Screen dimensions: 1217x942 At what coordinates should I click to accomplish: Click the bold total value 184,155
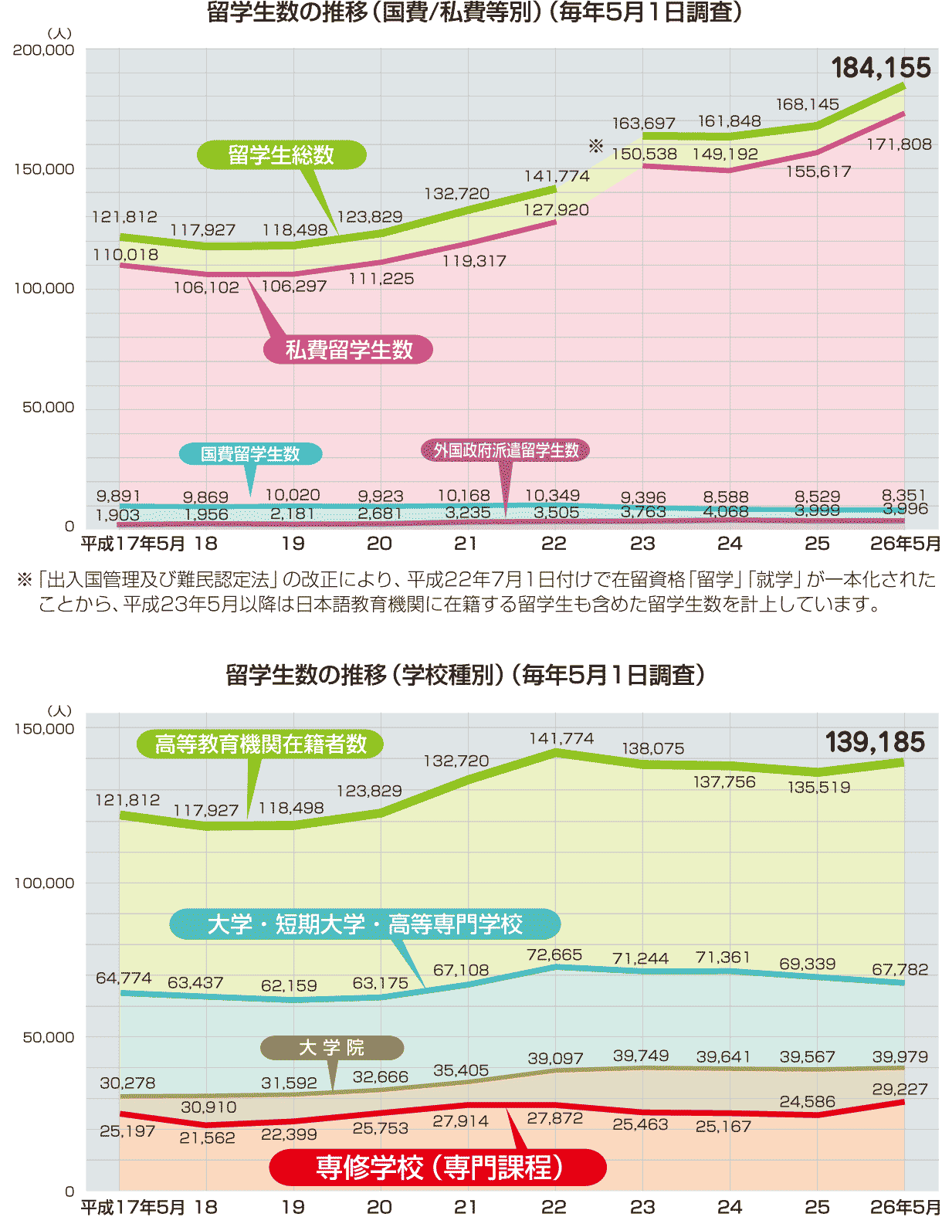881,68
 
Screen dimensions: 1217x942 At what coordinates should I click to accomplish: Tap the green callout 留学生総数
281,155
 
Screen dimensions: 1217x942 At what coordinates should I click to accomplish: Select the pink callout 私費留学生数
348,350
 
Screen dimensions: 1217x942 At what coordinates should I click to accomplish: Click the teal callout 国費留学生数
250,454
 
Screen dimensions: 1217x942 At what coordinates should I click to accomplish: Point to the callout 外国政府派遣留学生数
506,450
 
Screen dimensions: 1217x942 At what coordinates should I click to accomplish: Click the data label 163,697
643,124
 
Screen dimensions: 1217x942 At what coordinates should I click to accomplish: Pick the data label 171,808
899,144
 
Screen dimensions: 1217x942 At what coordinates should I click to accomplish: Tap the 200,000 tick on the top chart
44,50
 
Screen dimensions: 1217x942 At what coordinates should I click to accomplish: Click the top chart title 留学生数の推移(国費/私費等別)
474,13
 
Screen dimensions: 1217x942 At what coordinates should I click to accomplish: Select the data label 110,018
125,255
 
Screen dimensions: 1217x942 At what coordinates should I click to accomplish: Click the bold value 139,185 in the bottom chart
875,742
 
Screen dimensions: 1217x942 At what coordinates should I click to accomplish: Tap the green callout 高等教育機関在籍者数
260,744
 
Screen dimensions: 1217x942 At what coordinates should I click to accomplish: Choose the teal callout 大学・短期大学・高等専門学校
364,924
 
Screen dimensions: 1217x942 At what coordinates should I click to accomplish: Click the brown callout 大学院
331,1048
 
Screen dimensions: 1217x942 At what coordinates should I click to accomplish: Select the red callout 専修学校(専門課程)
438,1167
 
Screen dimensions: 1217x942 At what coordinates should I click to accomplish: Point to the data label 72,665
554,955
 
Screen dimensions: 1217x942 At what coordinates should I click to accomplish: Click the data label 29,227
900,1090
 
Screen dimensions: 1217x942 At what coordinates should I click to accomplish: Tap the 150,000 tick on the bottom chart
44,729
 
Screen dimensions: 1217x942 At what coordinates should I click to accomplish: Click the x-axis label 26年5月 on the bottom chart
905,1207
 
